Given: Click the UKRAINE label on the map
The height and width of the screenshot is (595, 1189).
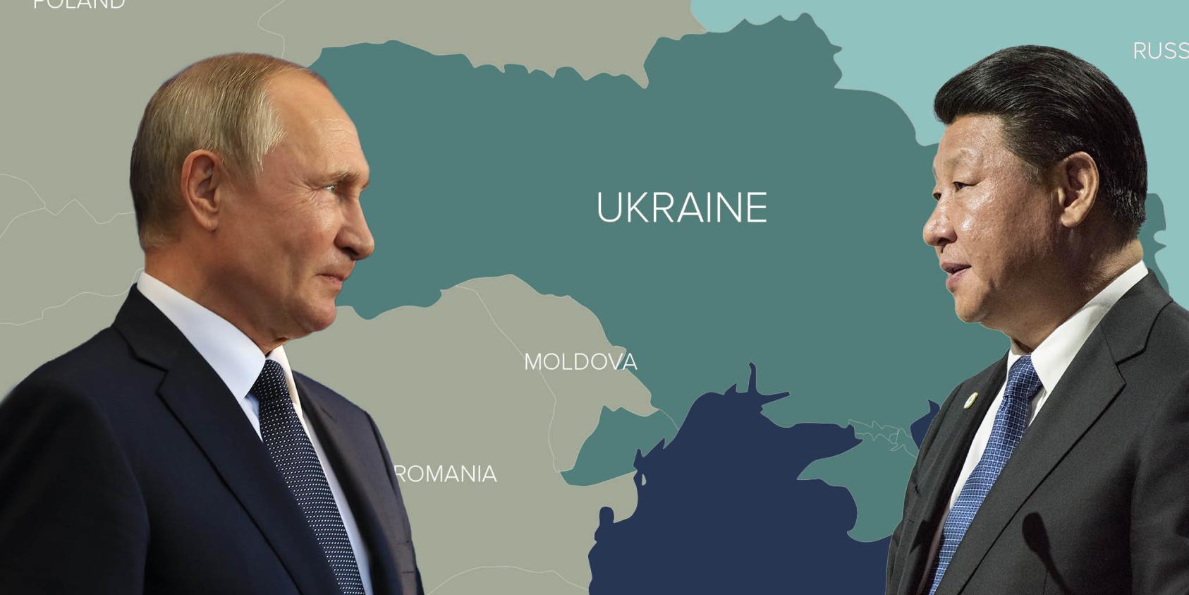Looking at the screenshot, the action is [x=681, y=208].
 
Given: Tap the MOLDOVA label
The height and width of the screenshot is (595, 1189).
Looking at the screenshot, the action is [x=580, y=362].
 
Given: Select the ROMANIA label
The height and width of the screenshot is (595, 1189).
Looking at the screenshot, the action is [x=446, y=474].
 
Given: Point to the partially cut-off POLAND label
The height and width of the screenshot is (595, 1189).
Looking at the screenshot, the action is [x=79, y=4].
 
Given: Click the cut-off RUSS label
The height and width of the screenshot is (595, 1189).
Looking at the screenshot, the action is [x=1160, y=51].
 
